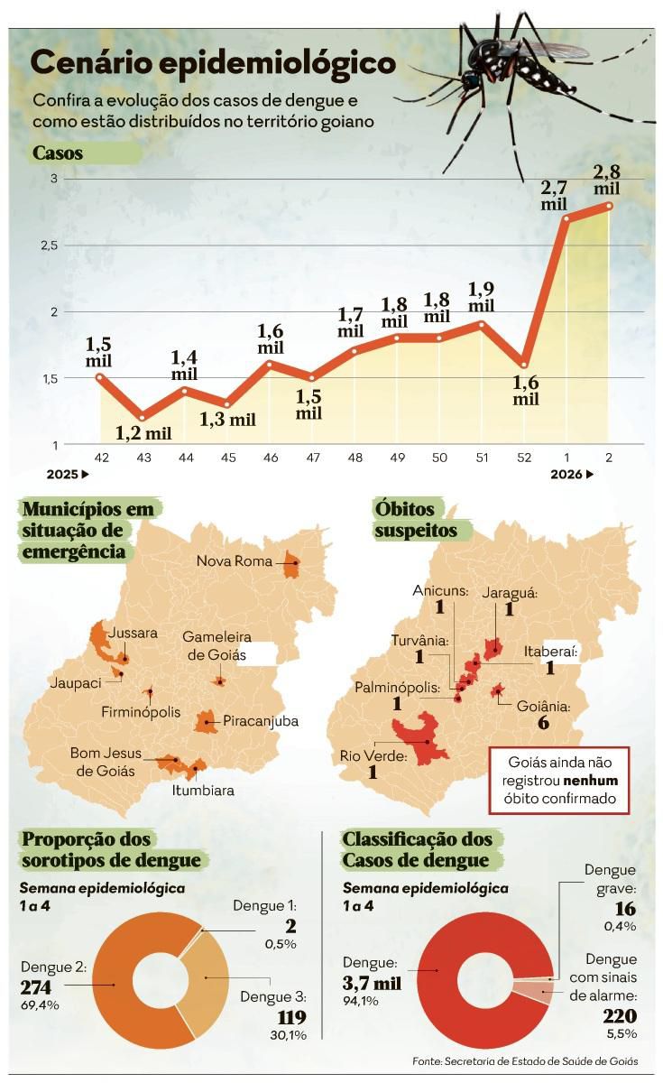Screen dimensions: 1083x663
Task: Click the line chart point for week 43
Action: [143, 417]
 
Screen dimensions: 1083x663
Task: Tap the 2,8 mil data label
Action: [607, 179]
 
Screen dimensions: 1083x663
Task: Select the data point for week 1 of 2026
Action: [566, 218]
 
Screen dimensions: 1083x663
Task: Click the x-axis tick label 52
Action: [523, 458]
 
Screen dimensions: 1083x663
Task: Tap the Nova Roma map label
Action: [235, 561]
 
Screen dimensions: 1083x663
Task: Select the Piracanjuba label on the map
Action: [260, 721]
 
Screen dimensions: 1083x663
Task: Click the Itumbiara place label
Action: [203, 791]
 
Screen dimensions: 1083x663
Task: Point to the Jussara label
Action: [133, 634]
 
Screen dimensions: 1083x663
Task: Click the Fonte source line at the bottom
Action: [525, 1061]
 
